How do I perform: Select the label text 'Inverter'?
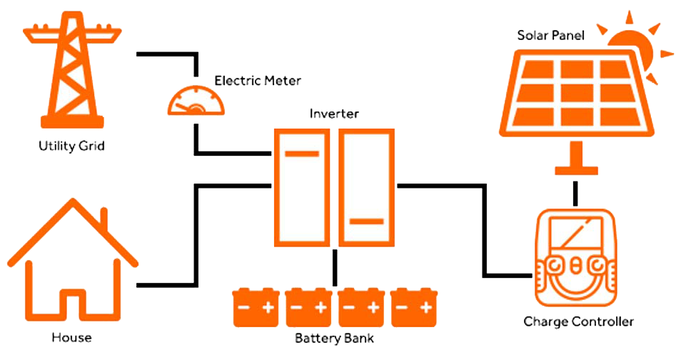point(334,114)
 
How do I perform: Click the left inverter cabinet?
point(303,187)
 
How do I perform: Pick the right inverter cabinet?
point(365,187)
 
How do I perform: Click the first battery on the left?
point(256,307)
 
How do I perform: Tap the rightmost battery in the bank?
point(415,307)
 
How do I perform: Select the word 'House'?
point(72,336)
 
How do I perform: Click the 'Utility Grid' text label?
point(71,146)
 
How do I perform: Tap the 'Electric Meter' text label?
point(258,80)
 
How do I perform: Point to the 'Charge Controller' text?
point(578,321)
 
